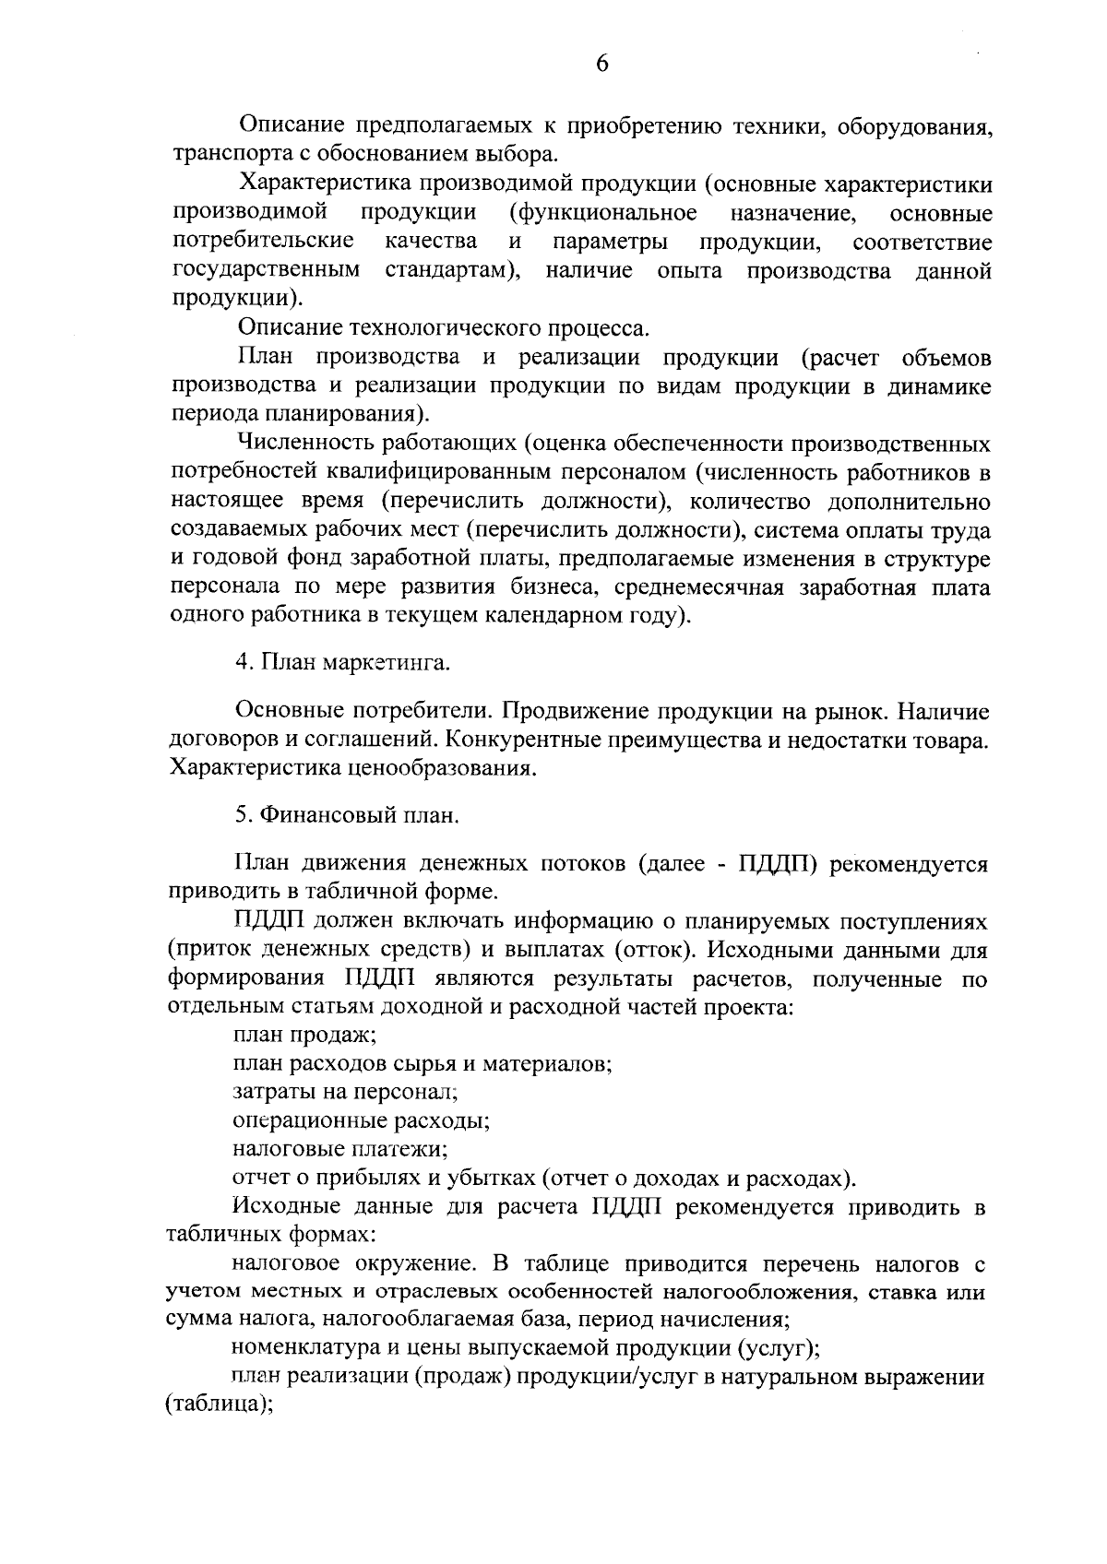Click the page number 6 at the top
click(601, 63)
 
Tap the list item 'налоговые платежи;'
click(339, 1150)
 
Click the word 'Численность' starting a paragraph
click(304, 444)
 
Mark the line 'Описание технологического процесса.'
click(443, 328)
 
